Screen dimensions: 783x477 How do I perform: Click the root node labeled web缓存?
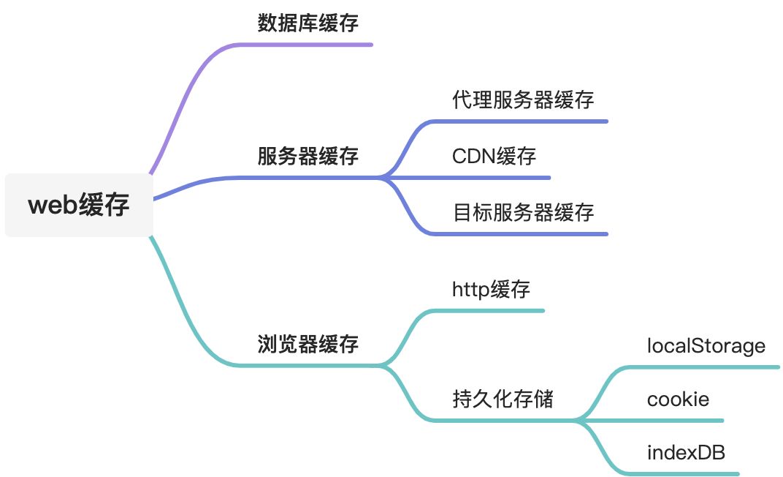point(79,206)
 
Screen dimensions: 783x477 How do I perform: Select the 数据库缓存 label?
point(308,23)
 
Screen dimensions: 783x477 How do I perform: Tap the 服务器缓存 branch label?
point(308,157)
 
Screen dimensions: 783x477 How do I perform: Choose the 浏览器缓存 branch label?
point(308,344)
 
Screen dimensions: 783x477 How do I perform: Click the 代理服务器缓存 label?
point(523,100)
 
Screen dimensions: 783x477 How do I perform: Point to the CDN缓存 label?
point(494,157)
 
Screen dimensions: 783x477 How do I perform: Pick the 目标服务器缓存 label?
point(523,213)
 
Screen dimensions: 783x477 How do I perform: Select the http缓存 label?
point(491,290)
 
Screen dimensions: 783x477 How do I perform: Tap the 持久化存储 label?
point(503,399)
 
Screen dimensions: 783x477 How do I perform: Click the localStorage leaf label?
point(706,345)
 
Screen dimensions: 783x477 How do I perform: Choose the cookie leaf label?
point(678,399)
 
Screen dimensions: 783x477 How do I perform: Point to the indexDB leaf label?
point(686,453)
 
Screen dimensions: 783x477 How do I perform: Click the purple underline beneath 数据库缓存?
point(314,45)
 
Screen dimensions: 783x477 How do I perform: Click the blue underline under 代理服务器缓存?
point(526,121)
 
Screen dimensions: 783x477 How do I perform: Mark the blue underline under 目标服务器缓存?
point(526,234)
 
